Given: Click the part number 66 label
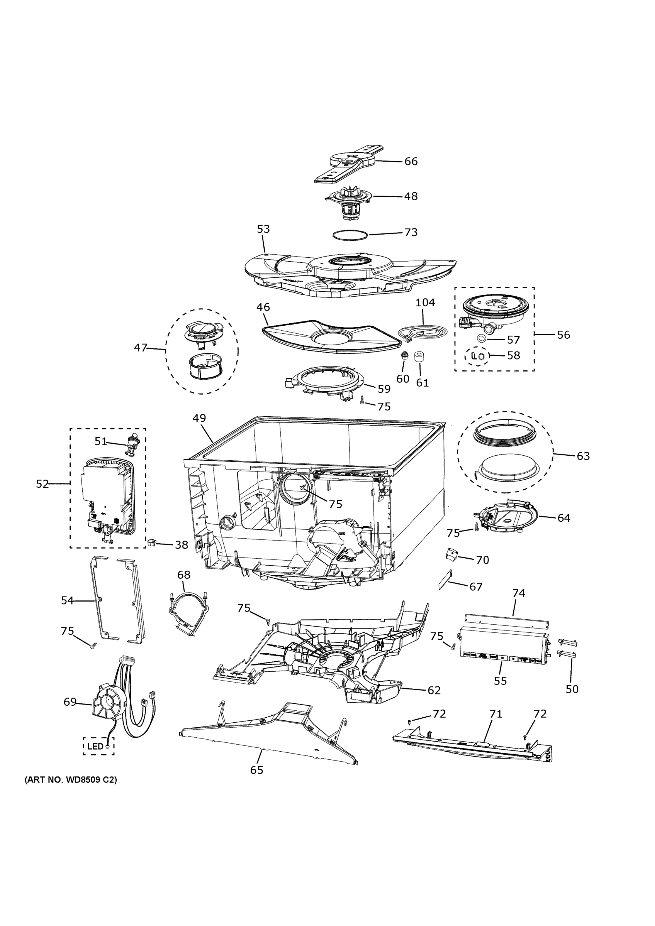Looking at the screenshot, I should (x=411, y=161).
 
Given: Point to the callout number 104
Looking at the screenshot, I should (x=425, y=302).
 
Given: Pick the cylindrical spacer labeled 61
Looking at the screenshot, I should (x=421, y=357).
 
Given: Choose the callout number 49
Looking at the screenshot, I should (x=199, y=418).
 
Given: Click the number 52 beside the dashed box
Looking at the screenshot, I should (x=42, y=484).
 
